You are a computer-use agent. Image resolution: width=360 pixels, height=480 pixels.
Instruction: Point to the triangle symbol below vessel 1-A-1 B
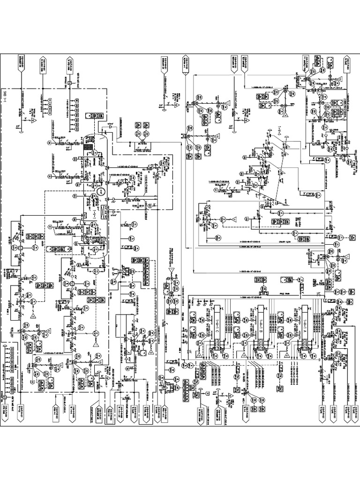point(244,356)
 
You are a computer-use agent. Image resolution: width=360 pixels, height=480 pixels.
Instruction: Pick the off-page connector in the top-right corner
point(348,65)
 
